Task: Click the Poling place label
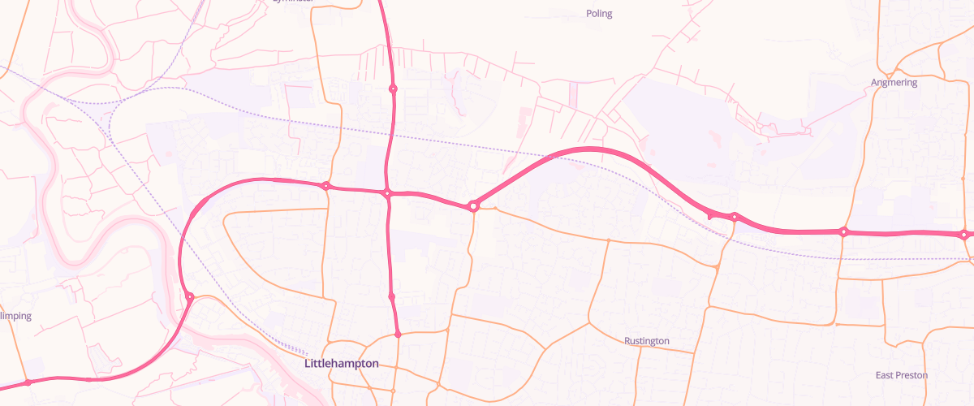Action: click(x=599, y=14)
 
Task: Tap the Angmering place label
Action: click(x=894, y=83)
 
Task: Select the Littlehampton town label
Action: click(x=341, y=364)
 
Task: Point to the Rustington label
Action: click(x=647, y=341)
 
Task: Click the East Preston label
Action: click(x=901, y=375)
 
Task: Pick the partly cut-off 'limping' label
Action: click(x=15, y=316)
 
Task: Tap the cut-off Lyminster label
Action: click(x=292, y=2)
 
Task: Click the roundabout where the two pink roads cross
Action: click(x=388, y=193)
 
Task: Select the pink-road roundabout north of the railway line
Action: click(x=393, y=89)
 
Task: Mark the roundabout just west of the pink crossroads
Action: click(x=326, y=186)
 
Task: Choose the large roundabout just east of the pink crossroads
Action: click(x=473, y=206)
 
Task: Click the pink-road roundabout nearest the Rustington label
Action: click(x=734, y=217)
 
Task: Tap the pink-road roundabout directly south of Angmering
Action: click(x=844, y=232)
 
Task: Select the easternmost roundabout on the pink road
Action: click(x=963, y=235)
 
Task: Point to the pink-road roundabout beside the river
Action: click(x=189, y=297)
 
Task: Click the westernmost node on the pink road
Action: click(x=28, y=382)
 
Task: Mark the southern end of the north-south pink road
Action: click(x=398, y=334)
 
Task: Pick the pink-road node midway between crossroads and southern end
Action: click(x=392, y=297)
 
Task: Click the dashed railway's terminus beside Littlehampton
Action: click(x=302, y=354)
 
